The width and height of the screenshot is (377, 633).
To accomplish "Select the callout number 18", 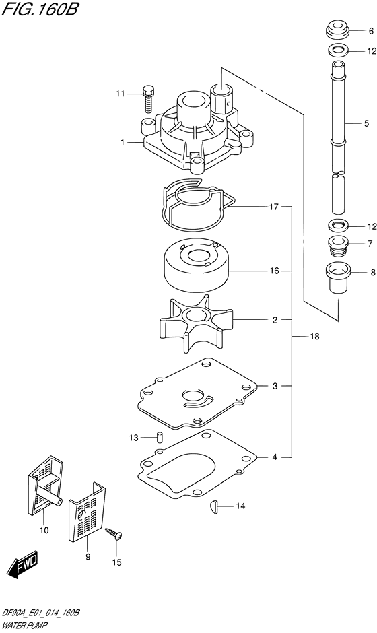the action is [x=315, y=336].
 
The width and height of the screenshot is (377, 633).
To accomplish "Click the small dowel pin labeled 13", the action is [x=160, y=437].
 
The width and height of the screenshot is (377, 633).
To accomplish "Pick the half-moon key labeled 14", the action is [x=215, y=506].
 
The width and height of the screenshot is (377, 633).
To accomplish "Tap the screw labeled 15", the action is [x=114, y=534].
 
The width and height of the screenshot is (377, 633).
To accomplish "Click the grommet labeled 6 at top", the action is [x=337, y=31].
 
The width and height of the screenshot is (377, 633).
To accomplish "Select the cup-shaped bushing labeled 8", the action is [x=337, y=278].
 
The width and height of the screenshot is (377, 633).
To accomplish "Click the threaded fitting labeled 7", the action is [x=338, y=246].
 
